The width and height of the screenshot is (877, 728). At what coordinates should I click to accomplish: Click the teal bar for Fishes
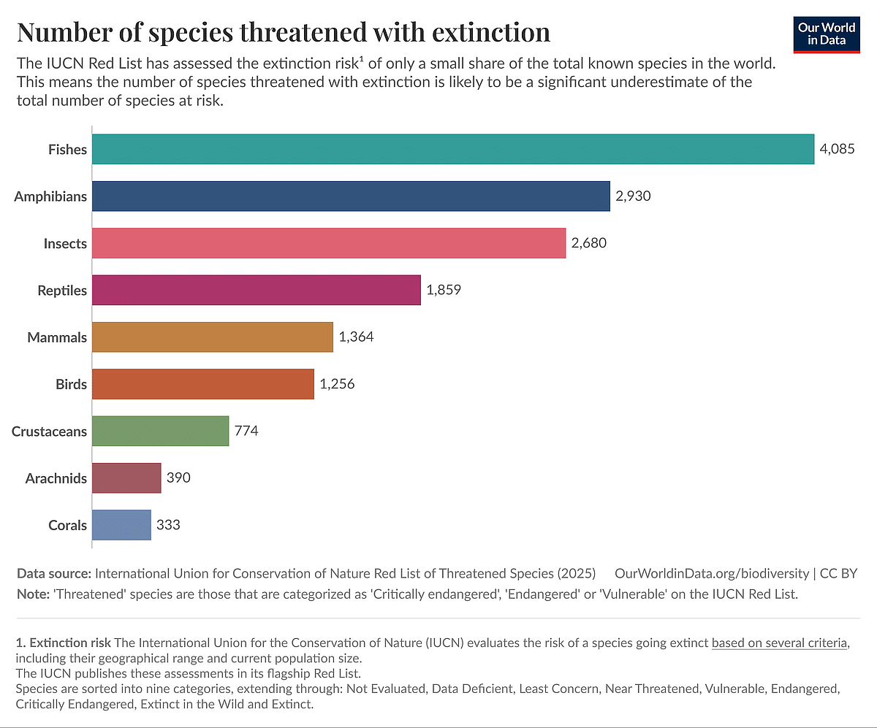[453, 150]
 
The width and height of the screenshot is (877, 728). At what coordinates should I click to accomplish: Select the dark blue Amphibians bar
[351, 196]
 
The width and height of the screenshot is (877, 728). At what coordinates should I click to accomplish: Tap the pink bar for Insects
[329, 243]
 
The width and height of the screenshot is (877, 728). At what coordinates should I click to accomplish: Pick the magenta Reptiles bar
[257, 290]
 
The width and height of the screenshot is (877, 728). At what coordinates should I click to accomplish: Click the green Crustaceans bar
[161, 431]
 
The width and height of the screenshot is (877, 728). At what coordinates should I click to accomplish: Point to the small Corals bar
[121, 525]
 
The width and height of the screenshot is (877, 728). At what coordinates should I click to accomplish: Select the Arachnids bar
[126, 478]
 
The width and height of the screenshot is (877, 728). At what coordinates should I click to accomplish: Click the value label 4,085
[837, 150]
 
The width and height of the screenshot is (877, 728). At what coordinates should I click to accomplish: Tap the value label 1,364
[356, 337]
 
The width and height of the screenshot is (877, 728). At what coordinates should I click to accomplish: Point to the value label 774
[246, 431]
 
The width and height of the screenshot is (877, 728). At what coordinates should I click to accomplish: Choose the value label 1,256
[337, 384]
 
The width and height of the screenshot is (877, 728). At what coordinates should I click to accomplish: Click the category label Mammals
[57, 337]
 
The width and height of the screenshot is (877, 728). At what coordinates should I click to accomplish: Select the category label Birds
[71, 384]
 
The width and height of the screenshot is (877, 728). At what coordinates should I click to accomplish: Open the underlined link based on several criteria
[779, 643]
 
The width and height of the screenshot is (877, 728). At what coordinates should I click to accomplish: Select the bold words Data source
[53, 573]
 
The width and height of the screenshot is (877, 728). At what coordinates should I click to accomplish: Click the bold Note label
[33, 594]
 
